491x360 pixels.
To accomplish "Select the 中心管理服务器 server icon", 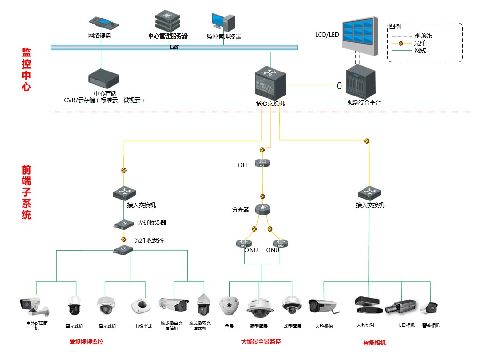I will click(167, 20).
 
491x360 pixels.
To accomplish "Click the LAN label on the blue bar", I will click(174, 48).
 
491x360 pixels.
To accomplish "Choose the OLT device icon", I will click(262, 163).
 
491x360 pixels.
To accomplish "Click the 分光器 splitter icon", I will click(262, 209).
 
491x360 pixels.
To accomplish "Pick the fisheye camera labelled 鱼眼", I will click(230, 305).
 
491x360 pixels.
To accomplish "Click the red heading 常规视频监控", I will click(86, 342).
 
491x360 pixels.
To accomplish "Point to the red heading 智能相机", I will click(374, 343).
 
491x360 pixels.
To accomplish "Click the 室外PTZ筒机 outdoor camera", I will click(33, 306).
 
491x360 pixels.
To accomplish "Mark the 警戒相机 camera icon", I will click(429, 308).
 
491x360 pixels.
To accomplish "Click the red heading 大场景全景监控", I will click(261, 341).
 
